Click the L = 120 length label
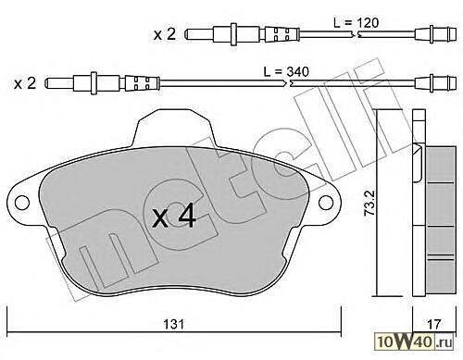[356, 23]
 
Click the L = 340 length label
[286, 72]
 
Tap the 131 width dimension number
[173, 324]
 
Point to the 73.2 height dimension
[370, 203]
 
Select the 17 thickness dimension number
[434, 324]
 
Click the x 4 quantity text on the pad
[174, 217]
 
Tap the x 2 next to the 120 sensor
[165, 34]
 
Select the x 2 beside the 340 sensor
[25, 83]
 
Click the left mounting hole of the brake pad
[22, 203]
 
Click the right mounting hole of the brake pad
[326, 203]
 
